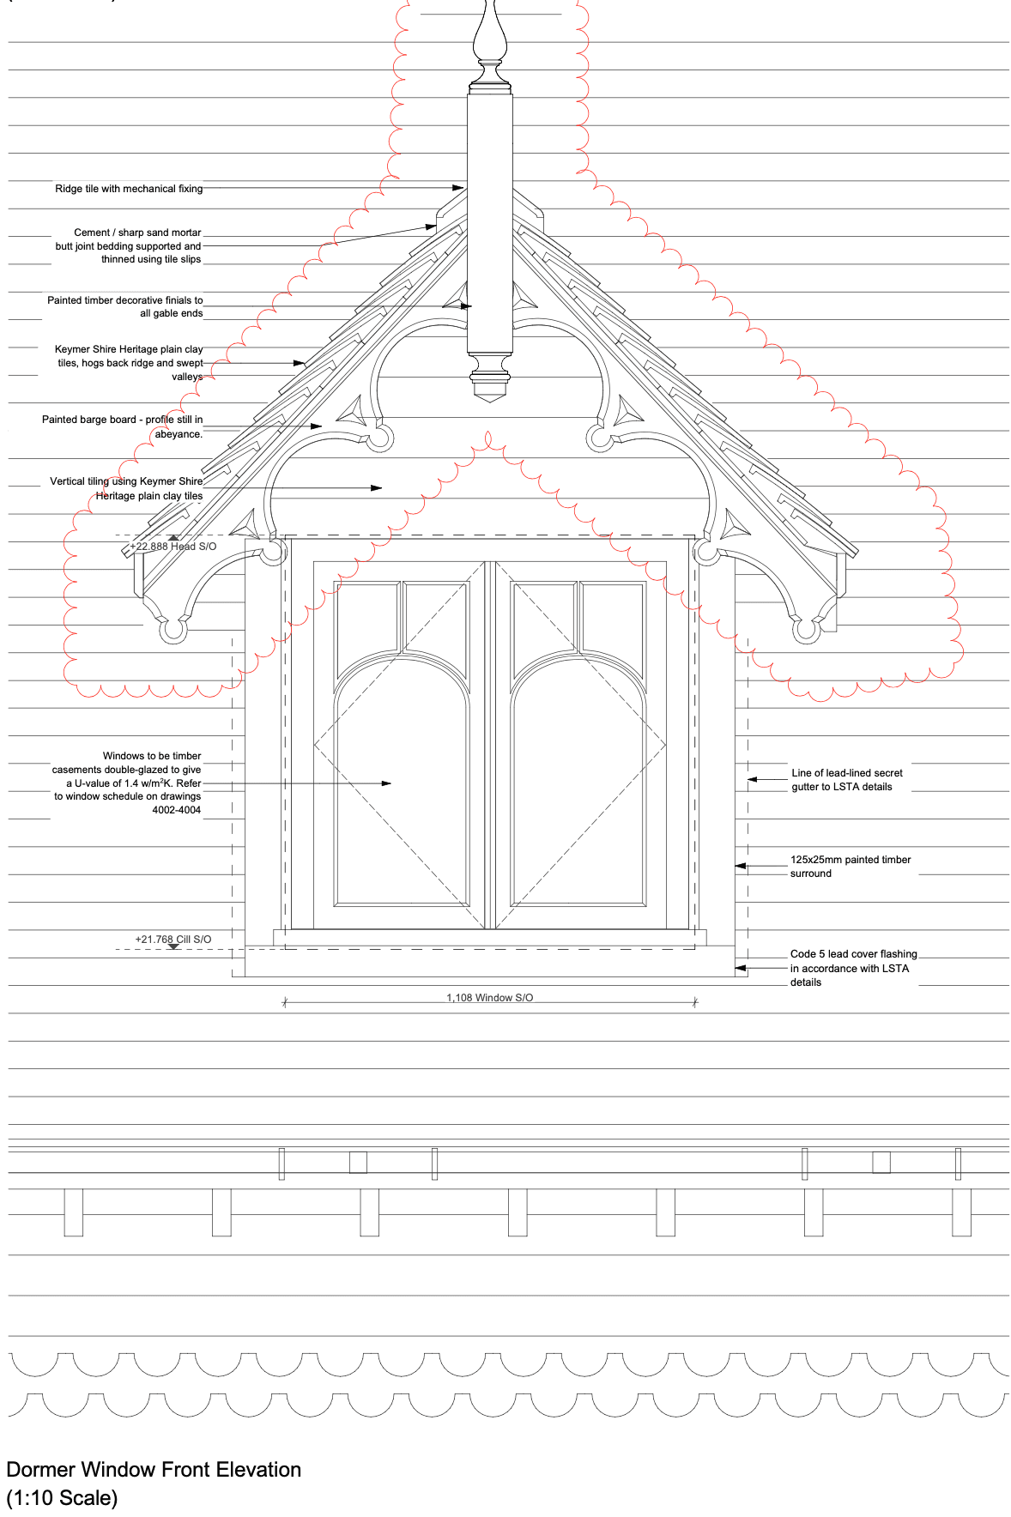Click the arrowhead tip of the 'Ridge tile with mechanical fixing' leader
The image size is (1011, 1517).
(x=464, y=188)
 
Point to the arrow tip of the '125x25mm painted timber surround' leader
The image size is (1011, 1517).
(x=736, y=867)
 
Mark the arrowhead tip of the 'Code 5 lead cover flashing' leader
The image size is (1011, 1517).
(x=736, y=968)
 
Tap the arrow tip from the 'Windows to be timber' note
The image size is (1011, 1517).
(x=391, y=783)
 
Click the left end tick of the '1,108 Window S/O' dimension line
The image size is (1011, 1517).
(x=285, y=1001)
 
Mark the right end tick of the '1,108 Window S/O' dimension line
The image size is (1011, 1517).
(x=694, y=1001)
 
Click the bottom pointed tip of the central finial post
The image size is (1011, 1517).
(x=489, y=402)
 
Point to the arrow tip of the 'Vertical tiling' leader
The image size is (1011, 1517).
(x=382, y=488)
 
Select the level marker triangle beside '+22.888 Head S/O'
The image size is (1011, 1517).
(x=173, y=538)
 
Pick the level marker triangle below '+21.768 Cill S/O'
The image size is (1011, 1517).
(x=173, y=947)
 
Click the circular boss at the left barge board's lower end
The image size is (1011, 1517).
(x=173, y=631)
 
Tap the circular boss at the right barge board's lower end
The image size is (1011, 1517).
(x=805, y=631)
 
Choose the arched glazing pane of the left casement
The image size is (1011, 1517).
(x=402, y=781)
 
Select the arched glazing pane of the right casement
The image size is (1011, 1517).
(x=578, y=781)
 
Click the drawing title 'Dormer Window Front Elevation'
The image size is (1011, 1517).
(x=154, y=1470)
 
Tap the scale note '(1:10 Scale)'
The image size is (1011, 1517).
(x=62, y=1498)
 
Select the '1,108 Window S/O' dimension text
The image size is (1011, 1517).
(x=489, y=997)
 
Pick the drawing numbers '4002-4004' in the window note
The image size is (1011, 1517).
(x=177, y=810)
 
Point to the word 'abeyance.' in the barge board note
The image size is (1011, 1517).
(x=179, y=434)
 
